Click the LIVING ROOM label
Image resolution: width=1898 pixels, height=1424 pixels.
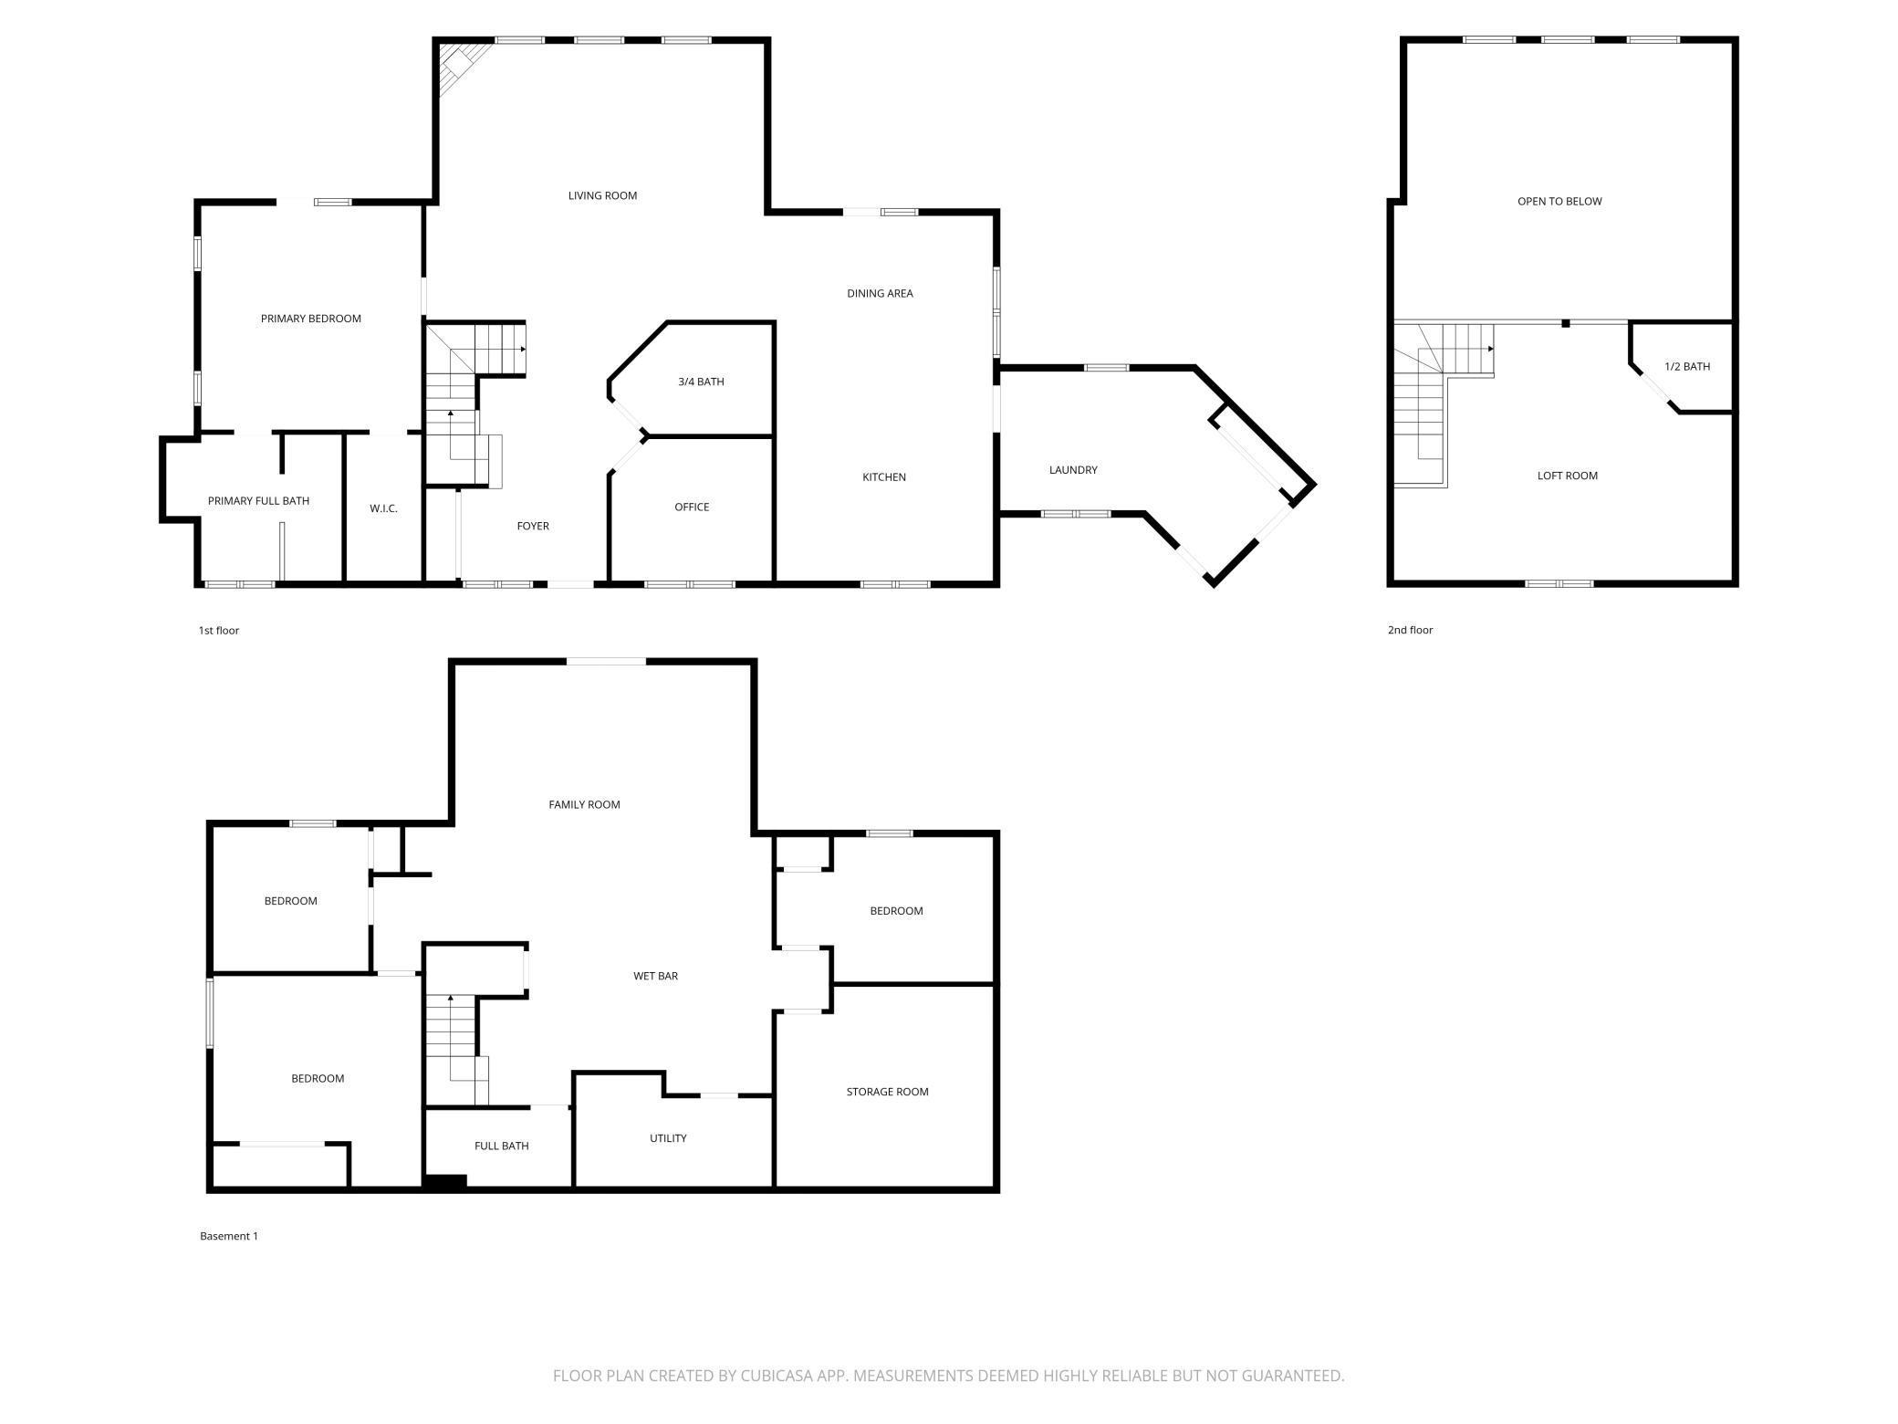[602, 195]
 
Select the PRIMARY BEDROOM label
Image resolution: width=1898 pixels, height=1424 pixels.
[311, 319]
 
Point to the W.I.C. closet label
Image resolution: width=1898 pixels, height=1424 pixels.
[383, 508]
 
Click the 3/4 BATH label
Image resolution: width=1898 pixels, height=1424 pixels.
[701, 382]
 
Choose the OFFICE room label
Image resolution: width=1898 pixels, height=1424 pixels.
[692, 507]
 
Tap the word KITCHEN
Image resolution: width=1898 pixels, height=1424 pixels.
[884, 476]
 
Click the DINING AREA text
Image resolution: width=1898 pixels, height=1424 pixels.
[880, 293]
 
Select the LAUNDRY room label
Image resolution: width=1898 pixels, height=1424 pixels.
[1073, 470]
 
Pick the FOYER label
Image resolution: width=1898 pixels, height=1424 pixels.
[533, 526]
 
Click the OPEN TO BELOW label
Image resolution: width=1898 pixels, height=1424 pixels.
[1559, 201]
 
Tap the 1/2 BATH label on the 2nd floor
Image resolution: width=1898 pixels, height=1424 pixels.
[1687, 366]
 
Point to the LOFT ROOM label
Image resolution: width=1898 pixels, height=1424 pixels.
[1568, 476]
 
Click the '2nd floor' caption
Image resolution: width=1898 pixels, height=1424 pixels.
[1410, 630]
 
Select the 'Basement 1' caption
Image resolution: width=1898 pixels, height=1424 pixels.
[229, 1236]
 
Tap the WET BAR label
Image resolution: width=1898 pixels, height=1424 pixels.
[655, 976]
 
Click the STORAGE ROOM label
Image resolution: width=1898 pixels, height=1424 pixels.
[887, 1092]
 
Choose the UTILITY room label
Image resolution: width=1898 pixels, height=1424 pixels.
[668, 1138]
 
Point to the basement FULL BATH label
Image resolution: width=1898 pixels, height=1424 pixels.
[501, 1146]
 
